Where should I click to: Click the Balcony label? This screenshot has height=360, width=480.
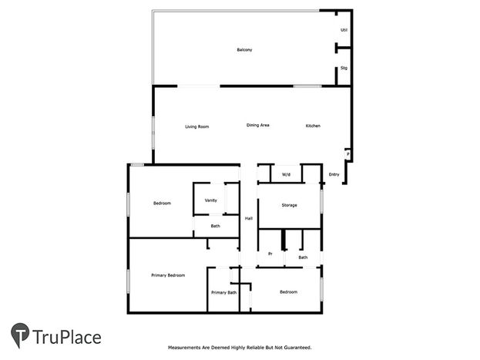(244, 49)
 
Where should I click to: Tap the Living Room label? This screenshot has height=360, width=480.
(196, 126)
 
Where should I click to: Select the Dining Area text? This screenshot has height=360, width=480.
(258, 125)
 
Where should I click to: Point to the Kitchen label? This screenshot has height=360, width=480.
(313, 126)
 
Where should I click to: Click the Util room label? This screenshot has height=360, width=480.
(344, 30)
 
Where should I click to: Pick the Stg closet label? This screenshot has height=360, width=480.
(344, 68)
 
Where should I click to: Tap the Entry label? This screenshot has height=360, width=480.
(334, 174)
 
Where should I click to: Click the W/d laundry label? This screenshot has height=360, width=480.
(286, 175)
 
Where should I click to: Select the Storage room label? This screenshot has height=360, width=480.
(289, 205)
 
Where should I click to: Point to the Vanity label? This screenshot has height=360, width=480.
(210, 200)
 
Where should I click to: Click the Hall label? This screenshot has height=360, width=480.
(249, 218)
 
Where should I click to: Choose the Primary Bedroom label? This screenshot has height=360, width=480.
(168, 275)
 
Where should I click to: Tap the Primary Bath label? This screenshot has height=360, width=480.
(223, 293)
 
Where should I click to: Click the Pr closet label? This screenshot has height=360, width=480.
(270, 254)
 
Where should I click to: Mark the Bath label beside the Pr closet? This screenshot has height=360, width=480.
(303, 257)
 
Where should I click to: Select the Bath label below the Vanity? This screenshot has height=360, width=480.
(215, 226)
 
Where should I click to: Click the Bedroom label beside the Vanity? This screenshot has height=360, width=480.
(162, 204)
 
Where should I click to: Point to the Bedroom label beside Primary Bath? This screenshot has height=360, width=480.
(288, 292)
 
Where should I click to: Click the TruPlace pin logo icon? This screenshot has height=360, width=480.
(20, 335)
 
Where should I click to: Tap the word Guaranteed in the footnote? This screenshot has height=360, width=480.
(297, 348)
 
